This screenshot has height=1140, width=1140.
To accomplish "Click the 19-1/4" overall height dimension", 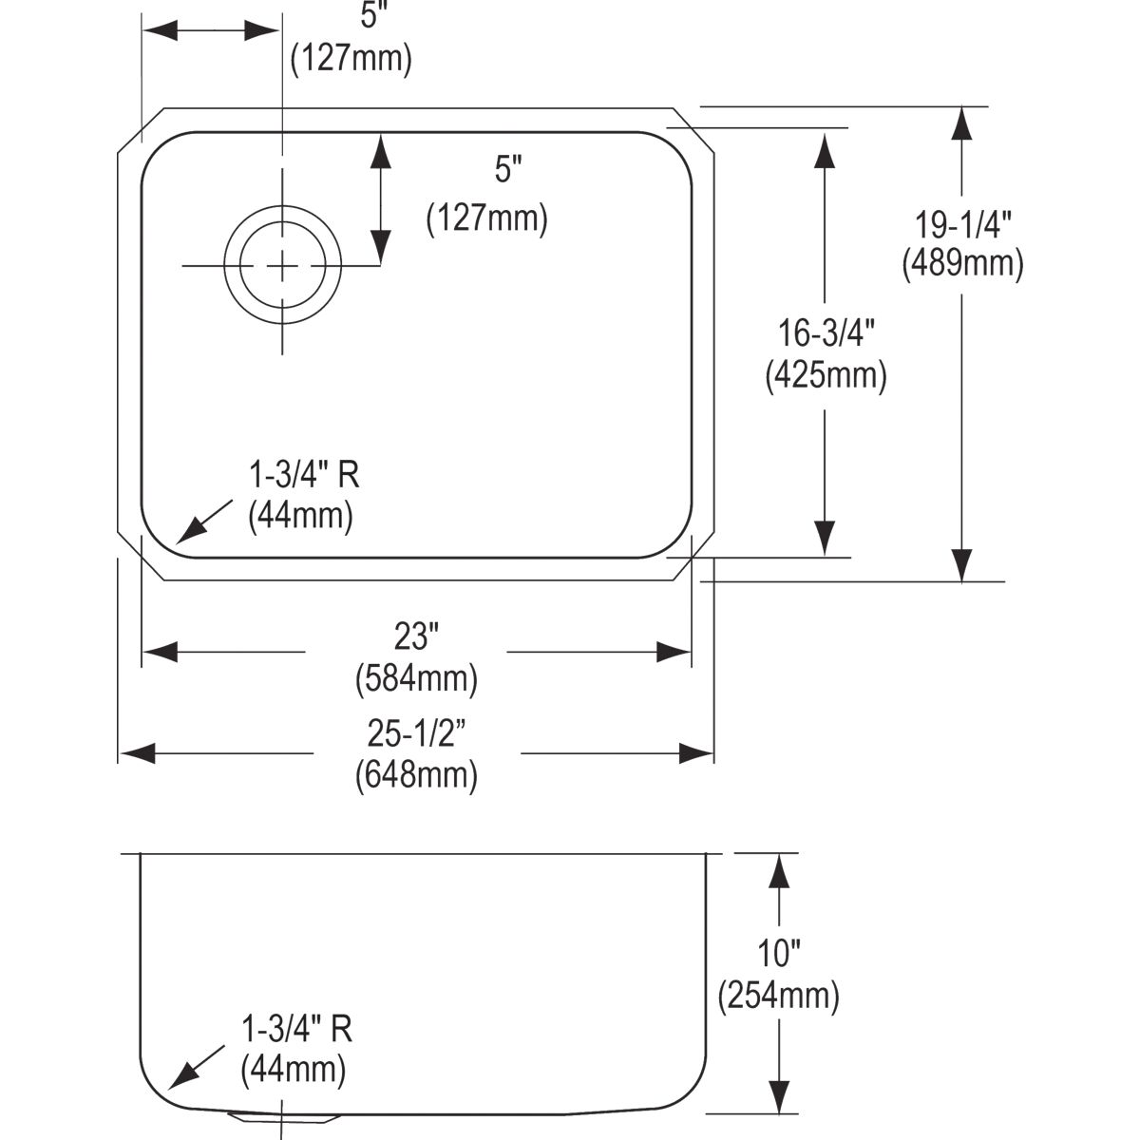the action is click(963, 225).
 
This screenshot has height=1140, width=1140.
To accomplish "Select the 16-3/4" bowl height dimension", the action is click(826, 333).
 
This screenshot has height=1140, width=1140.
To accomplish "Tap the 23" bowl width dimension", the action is click(416, 637).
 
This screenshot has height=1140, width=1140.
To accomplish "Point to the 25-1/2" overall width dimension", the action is click(417, 734).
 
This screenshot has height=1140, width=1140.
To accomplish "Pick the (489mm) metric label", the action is click(962, 264).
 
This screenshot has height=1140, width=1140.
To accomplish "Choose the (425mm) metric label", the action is click(826, 375).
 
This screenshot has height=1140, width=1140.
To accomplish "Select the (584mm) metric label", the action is click(416, 678).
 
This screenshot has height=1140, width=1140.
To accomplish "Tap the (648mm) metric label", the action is click(416, 775).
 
